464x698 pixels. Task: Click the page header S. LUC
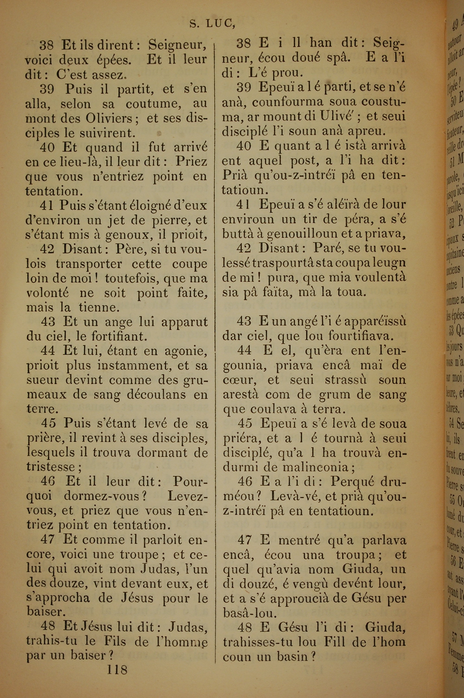point(212,24)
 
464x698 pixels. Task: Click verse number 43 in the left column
point(48,322)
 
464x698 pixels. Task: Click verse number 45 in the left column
point(48,423)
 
